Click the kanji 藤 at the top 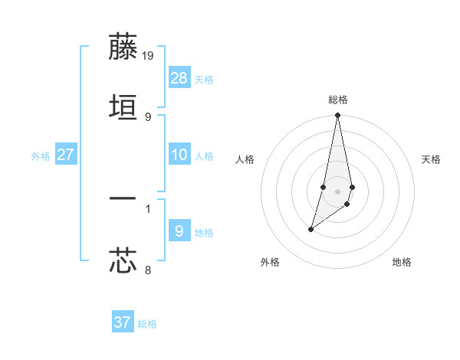click(123, 47)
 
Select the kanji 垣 click(123, 107)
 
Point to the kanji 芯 click(123, 260)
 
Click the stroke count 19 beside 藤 click(149, 55)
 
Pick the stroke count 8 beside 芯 click(148, 270)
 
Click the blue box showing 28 click(179, 78)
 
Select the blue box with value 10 click(179, 155)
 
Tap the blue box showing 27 click(65, 155)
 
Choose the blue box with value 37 click(123, 322)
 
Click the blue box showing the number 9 click(179, 231)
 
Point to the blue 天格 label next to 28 click(204, 80)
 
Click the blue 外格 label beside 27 click(41, 156)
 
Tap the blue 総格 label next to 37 click(147, 324)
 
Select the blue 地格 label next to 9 click(204, 233)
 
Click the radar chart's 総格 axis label click(338, 100)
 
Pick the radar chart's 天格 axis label click(432, 159)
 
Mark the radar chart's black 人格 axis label click(245, 159)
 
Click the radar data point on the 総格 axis click(338, 116)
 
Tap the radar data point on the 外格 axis click(310, 229)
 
